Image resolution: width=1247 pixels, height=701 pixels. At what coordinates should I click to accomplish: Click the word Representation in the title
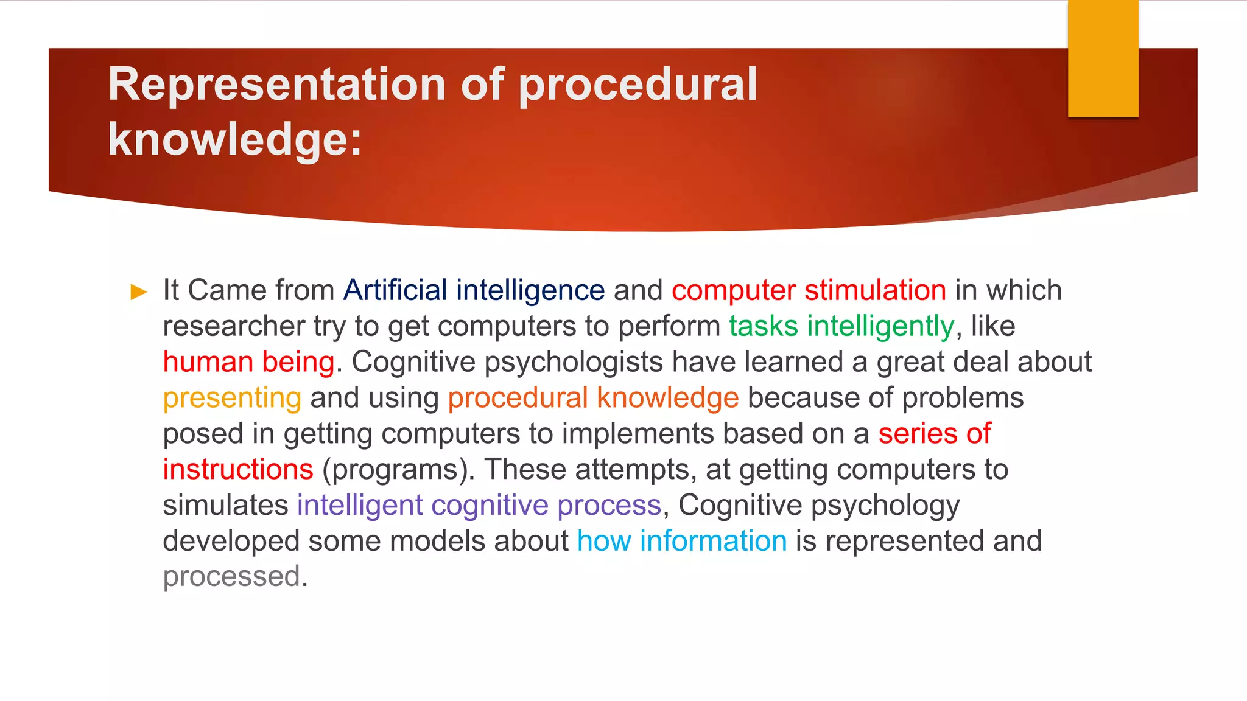click(x=277, y=84)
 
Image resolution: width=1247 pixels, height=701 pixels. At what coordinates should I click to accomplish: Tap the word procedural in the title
click(x=638, y=84)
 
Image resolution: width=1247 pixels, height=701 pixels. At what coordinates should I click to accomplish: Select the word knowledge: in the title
click(x=234, y=139)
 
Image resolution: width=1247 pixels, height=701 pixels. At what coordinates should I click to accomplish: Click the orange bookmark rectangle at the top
click(x=1103, y=58)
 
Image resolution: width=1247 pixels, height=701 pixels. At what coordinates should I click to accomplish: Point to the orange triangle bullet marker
click(x=139, y=292)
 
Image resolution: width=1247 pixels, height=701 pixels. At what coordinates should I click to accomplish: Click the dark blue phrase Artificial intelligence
click(x=474, y=290)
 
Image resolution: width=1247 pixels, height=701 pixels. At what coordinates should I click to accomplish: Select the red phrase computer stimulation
click(x=809, y=290)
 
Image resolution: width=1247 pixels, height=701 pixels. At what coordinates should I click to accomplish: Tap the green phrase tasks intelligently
click(x=841, y=326)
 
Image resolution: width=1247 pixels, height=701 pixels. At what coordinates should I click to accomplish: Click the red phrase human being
click(x=248, y=362)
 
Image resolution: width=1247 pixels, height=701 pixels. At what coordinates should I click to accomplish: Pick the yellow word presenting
click(x=232, y=398)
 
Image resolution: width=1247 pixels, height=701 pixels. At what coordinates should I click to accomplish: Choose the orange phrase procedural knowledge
click(x=593, y=398)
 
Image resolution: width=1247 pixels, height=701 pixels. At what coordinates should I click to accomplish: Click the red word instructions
click(x=238, y=470)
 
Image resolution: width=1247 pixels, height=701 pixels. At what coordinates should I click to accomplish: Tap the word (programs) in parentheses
click(x=398, y=470)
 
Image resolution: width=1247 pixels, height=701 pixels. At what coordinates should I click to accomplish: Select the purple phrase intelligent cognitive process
click(x=479, y=505)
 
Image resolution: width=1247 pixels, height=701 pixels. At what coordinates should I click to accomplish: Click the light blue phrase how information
click(x=682, y=541)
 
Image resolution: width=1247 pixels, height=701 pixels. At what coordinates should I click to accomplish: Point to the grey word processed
click(x=232, y=576)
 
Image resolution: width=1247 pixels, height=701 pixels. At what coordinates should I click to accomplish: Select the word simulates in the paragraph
click(x=225, y=505)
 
